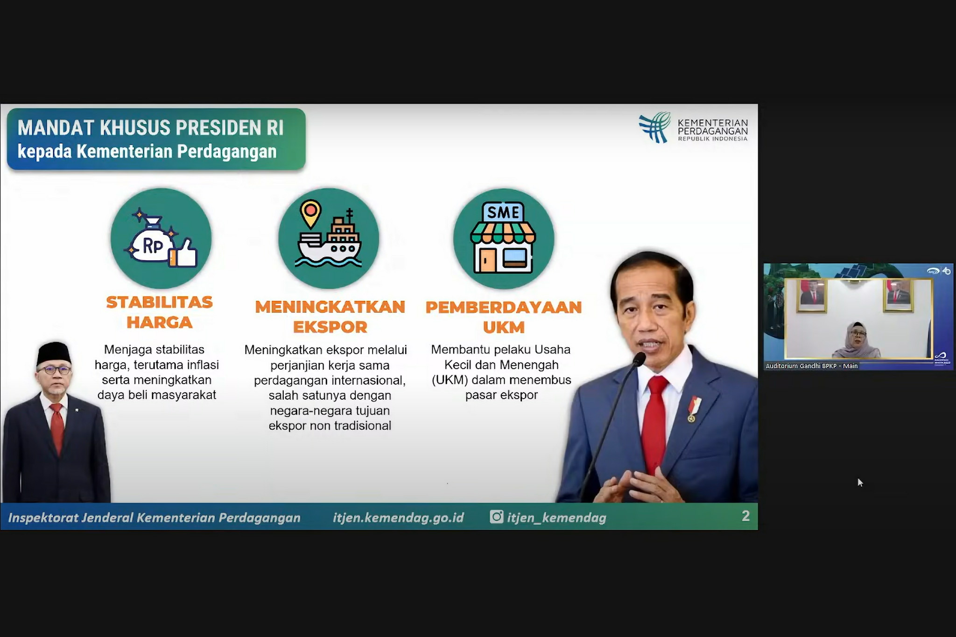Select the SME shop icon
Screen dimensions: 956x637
tap(503, 238)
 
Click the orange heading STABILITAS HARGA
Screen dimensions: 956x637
tap(159, 312)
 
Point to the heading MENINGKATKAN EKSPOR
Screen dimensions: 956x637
tap(330, 317)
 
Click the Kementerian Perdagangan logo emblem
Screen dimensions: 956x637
tap(655, 127)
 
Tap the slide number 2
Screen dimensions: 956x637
tap(745, 516)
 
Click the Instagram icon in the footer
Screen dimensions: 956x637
tap(496, 517)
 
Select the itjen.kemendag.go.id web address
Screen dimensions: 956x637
tap(398, 518)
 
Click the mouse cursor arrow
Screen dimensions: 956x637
tap(860, 483)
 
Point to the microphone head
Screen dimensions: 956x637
tap(639, 359)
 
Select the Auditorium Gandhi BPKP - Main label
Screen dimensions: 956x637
tap(811, 366)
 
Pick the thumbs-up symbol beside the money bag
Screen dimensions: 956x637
tap(183, 253)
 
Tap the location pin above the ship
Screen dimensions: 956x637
tap(310, 213)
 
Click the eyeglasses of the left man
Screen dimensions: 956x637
tap(55, 371)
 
